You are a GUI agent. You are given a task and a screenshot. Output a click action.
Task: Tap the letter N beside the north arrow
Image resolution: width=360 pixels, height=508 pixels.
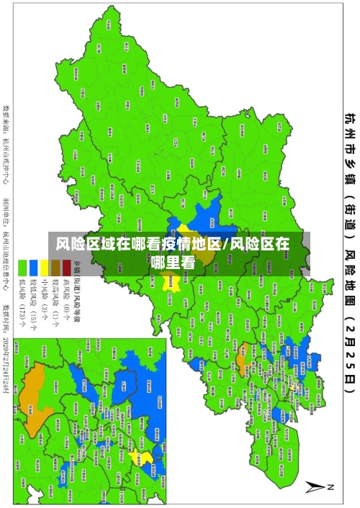point(332,487)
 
